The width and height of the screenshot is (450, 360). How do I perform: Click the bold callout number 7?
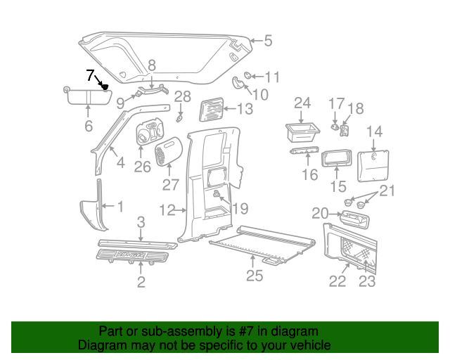[x=89, y=75]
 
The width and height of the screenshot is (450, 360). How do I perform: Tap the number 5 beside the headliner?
[x=268, y=41]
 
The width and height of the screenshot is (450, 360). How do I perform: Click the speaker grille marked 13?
[x=210, y=110]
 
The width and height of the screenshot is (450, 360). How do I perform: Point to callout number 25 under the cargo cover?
[x=254, y=276]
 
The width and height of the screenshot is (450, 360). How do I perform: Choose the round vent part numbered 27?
[x=169, y=151]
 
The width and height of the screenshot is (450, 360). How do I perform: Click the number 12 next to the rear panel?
[x=167, y=210]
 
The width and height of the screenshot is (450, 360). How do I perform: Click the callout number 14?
[x=374, y=131]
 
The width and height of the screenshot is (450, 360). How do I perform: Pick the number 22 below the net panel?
[x=338, y=281]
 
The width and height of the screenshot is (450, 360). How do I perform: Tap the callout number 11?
[x=272, y=77]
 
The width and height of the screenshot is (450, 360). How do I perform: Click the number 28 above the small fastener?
[x=182, y=96]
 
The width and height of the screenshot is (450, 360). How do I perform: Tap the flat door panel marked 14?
[x=374, y=163]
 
